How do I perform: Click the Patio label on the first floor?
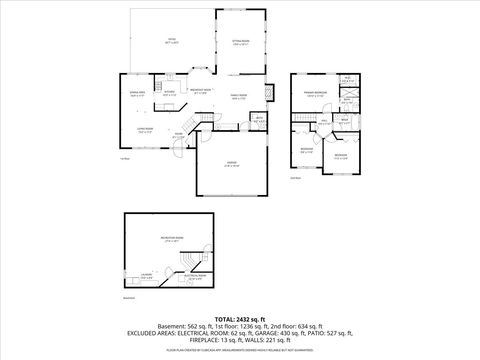tap(172, 43)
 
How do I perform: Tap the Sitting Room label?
tap(240, 43)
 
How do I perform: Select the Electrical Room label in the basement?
tap(196, 275)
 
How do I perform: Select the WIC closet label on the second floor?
tap(347, 80)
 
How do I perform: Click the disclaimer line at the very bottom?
tap(240, 351)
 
